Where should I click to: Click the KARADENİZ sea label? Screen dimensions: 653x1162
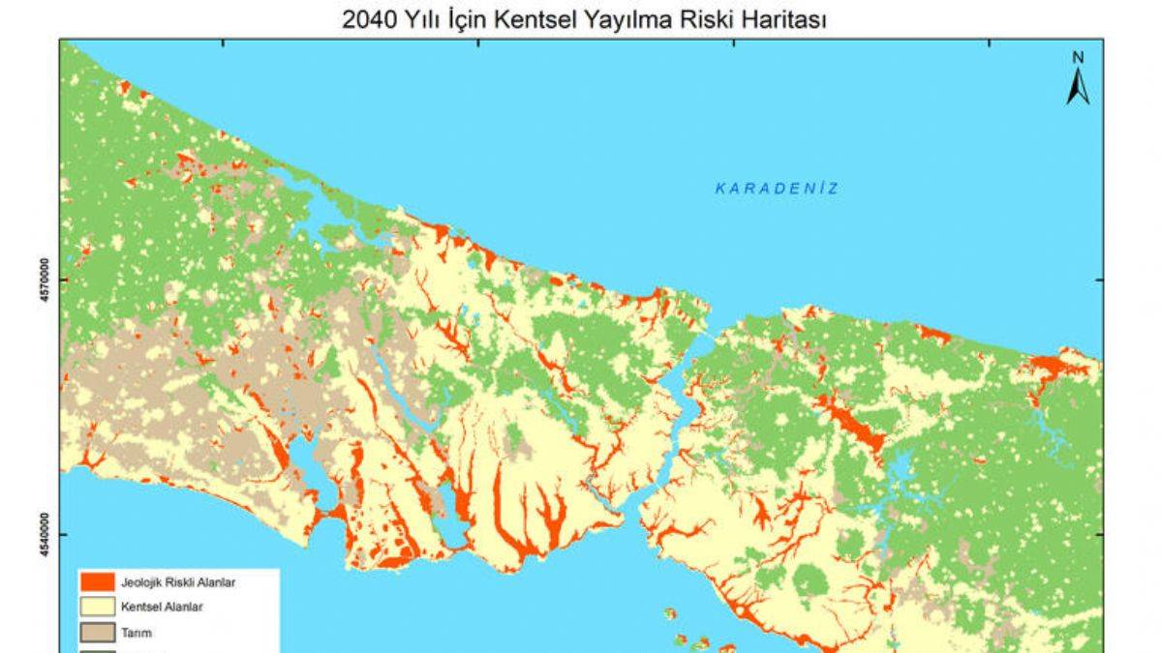[777, 189]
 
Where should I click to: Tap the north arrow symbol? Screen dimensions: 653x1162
[1078, 86]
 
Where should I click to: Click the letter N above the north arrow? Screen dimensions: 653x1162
[1078, 57]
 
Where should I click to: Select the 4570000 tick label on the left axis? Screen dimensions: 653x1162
[44, 280]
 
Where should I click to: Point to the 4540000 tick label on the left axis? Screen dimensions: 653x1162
[44, 534]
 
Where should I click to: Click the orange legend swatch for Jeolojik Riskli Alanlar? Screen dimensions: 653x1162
[98, 582]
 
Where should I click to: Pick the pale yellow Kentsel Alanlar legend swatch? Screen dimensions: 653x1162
[98, 608]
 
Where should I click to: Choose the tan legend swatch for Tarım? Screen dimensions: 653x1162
[98, 633]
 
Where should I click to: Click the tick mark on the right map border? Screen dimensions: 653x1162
[1100, 280]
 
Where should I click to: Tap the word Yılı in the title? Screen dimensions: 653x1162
[417, 19]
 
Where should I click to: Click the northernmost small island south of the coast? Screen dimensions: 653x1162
[669, 611]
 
